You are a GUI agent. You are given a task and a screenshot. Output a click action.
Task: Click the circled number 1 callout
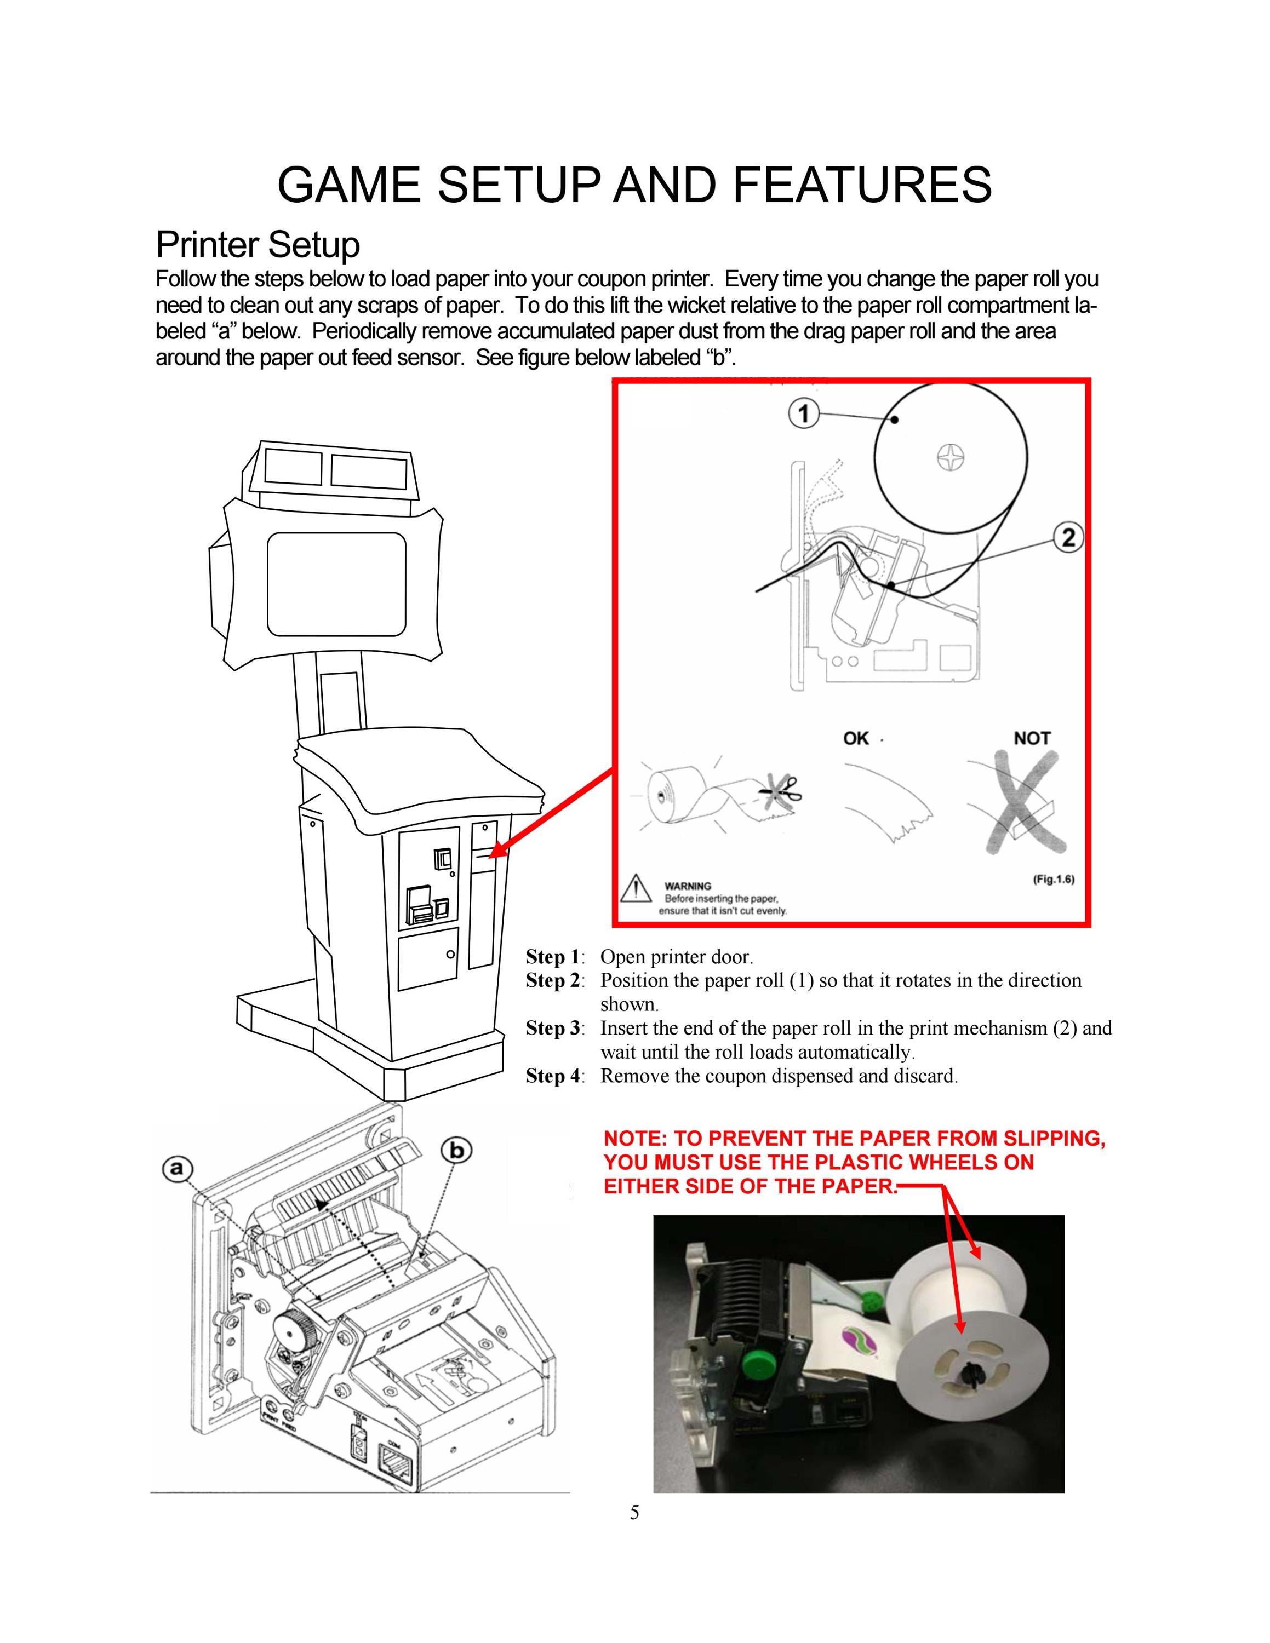[804, 413]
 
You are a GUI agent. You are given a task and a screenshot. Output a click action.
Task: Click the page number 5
[635, 1512]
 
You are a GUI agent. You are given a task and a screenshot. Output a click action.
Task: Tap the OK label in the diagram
[856, 738]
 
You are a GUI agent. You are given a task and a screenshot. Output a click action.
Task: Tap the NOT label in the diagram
[1032, 738]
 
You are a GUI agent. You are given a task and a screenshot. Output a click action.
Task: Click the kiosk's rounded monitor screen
[336, 584]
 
